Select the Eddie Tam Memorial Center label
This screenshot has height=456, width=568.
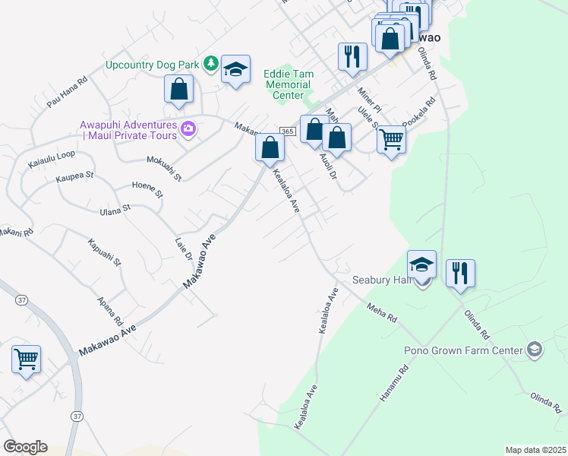point(288,84)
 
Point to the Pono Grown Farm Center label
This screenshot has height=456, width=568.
point(463,350)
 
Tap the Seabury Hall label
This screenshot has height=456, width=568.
point(381,280)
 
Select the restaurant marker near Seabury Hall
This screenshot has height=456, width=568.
point(460,273)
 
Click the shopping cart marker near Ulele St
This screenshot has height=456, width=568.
point(391,139)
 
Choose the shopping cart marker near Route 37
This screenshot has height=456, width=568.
point(27,359)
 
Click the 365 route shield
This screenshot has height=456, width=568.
point(287,131)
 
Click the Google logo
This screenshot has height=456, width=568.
point(25,447)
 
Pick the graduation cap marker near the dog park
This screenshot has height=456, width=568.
point(236,71)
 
